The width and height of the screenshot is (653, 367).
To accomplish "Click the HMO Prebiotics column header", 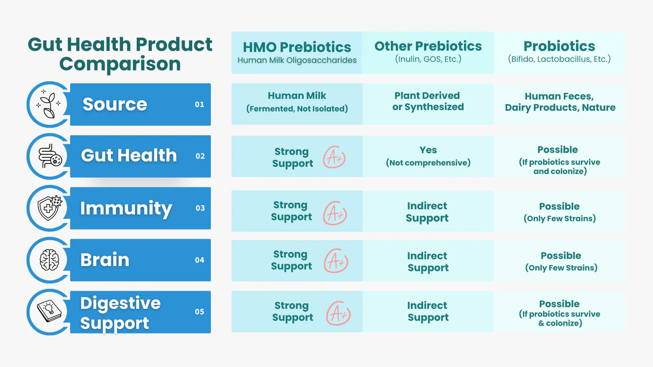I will tap(297, 52).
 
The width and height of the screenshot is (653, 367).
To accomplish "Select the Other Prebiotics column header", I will tap(428, 52).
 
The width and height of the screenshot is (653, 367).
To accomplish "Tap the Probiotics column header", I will tap(559, 52).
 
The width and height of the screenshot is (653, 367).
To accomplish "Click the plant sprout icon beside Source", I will tap(49, 104).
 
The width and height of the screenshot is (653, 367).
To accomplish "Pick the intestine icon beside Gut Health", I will tap(50, 156).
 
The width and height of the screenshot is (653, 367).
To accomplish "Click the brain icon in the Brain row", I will tap(49, 260).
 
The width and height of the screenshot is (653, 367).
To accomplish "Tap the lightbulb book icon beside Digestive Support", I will tap(49, 311).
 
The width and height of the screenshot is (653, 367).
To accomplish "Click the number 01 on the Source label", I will tap(199, 104).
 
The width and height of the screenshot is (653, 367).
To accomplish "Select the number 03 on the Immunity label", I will tap(200, 208).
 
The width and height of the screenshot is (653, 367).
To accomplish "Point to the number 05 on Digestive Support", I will tap(199, 312).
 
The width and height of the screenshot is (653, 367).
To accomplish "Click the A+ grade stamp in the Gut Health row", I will tap(334, 157).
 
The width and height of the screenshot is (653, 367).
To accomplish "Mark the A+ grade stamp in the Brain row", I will tap(336, 261).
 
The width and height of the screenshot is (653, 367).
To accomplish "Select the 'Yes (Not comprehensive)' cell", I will tap(428, 156).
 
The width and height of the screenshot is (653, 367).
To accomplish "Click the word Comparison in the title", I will tap(120, 64).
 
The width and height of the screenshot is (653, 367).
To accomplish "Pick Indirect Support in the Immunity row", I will tap(427, 212).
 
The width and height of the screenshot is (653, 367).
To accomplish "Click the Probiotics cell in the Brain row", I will tap(561, 261).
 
